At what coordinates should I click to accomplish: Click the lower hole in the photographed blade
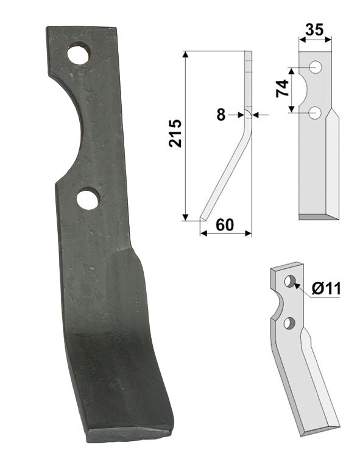pos(88,199)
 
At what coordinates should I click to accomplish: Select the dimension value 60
pos(224,224)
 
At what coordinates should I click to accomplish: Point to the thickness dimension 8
pos(221,114)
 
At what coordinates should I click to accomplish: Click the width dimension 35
pos(315,28)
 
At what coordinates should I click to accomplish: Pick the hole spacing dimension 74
pos(281,89)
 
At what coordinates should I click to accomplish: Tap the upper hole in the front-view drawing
pos(315,67)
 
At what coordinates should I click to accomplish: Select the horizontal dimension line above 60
pos(225,232)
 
